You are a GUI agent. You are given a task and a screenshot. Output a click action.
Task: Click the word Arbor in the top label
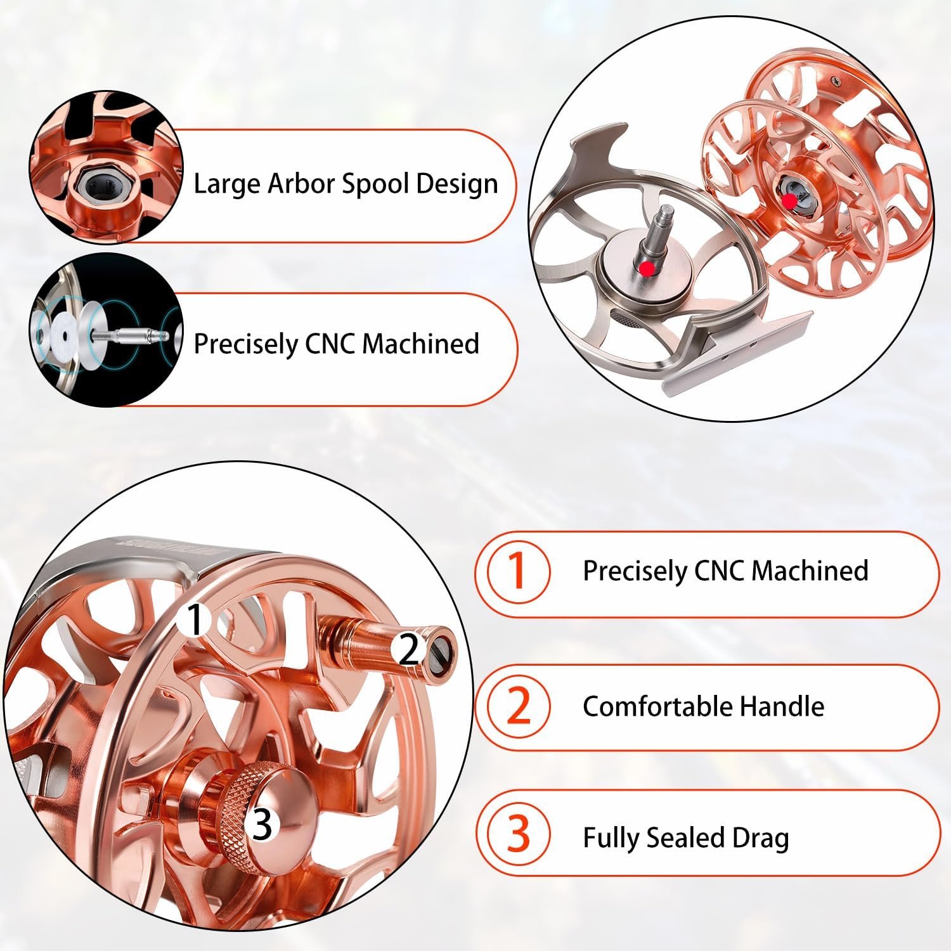tap(301, 184)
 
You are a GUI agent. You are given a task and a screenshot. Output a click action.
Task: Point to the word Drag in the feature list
tap(761, 839)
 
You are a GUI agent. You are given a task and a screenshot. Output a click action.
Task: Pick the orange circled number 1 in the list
tap(518, 571)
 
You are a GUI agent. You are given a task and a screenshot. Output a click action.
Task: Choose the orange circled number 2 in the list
tap(519, 706)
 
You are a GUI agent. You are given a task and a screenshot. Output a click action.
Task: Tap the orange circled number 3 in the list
tap(519, 835)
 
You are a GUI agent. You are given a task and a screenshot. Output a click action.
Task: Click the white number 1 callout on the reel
tap(197, 620)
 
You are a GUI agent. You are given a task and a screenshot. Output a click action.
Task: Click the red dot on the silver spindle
tap(646, 268)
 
